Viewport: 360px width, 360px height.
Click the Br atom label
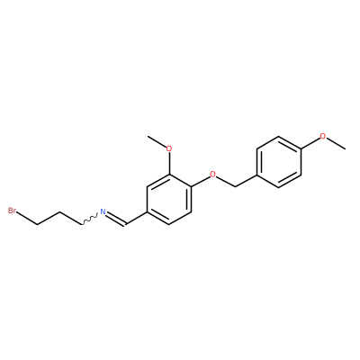coord(13,211)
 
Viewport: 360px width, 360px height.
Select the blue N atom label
coord(103,211)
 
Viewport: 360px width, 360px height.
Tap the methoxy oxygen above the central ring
coord(169,148)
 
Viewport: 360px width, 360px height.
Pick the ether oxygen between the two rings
coord(213,174)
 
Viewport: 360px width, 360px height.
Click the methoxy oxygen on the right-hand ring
coord(322,136)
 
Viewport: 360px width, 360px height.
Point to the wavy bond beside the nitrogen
coord(90,220)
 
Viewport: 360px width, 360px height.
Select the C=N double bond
coord(117,219)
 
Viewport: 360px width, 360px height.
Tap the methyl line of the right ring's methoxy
coord(336,143)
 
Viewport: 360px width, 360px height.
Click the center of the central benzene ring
coord(169,199)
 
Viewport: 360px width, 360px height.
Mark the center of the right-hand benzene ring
coord(279,161)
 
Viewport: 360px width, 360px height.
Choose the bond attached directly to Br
coord(27,218)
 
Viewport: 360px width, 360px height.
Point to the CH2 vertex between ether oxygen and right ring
coord(235,186)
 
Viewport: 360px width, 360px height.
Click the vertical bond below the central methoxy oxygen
coord(169,163)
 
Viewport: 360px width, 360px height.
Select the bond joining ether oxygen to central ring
coord(200,180)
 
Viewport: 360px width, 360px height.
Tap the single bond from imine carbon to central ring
coord(137,218)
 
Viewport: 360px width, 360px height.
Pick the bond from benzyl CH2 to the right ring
coord(246,180)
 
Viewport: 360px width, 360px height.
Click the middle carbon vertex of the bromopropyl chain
coord(59,212)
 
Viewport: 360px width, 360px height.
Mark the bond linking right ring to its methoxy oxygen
coord(310,143)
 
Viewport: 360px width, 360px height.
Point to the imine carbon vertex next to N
coord(126,224)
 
